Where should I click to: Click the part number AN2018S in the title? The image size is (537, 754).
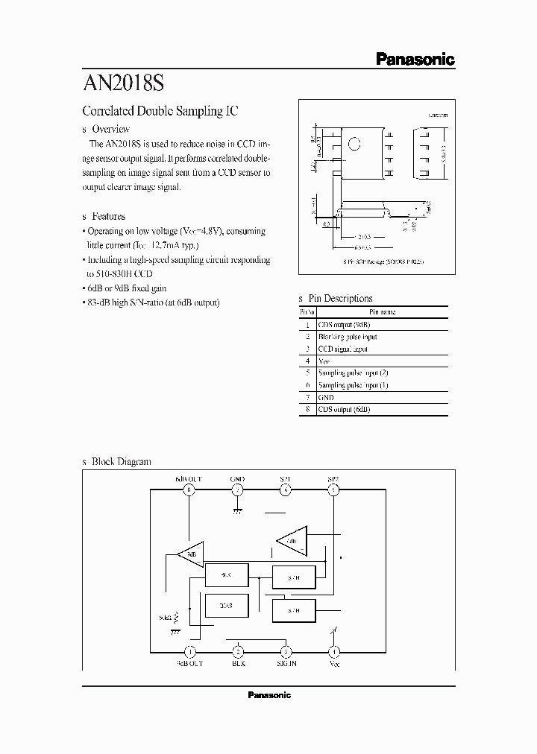pyautogui.click(x=128, y=81)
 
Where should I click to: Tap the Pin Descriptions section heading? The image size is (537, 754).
pyautogui.click(x=339, y=298)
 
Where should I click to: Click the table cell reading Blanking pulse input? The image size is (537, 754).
pyautogui.click(x=347, y=337)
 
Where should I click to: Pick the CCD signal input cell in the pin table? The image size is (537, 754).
pyautogui.click(x=342, y=349)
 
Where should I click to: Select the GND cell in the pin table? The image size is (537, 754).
pyautogui.click(x=326, y=397)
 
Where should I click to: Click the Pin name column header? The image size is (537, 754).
pyautogui.click(x=382, y=312)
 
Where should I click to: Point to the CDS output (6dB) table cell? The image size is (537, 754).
pyautogui.click(x=344, y=409)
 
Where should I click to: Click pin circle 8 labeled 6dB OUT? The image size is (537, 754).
pyautogui.click(x=189, y=490)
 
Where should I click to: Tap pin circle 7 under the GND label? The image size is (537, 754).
pyautogui.click(x=237, y=490)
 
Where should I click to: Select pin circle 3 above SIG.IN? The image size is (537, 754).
pyautogui.click(x=286, y=650)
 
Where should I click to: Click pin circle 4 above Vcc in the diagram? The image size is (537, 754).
pyautogui.click(x=333, y=650)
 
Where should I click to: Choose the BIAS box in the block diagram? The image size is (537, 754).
pyautogui.click(x=227, y=606)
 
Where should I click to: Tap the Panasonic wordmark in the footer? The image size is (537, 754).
pyautogui.click(x=268, y=695)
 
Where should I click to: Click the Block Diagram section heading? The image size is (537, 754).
pyautogui.click(x=120, y=461)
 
